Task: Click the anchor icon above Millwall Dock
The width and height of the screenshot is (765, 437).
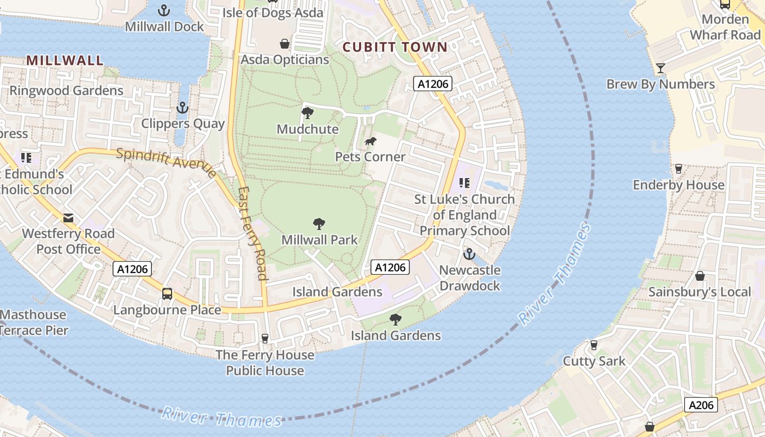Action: tap(163, 10)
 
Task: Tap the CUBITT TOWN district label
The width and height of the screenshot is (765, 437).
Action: tap(395, 47)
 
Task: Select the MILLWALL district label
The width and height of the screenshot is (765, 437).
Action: tap(65, 60)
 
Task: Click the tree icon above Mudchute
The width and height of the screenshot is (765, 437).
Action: tap(308, 113)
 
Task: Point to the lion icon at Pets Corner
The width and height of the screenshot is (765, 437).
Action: tap(370, 141)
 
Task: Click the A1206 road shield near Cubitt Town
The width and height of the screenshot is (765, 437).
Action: tap(432, 84)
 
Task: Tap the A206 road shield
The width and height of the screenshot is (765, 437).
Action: tap(701, 405)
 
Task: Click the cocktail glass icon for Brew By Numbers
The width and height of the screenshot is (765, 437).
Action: tap(661, 68)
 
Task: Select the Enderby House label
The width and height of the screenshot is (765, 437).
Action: tap(679, 185)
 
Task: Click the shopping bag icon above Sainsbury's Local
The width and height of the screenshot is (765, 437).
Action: tap(699, 276)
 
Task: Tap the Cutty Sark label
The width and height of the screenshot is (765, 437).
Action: tap(594, 361)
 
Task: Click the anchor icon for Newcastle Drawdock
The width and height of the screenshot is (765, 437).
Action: tap(469, 254)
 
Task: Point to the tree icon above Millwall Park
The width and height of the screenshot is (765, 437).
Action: tap(319, 224)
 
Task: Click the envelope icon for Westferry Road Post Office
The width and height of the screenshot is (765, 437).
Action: tap(68, 218)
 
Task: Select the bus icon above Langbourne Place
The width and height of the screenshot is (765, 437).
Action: tap(167, 294)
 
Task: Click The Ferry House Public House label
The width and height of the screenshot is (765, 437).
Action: tap(265, 363)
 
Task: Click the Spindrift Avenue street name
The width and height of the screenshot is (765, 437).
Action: tap(166, 162)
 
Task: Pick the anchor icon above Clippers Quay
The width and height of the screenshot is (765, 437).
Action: tap(183, 108)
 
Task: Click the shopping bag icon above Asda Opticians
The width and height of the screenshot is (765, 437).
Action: tap(285, 44)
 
